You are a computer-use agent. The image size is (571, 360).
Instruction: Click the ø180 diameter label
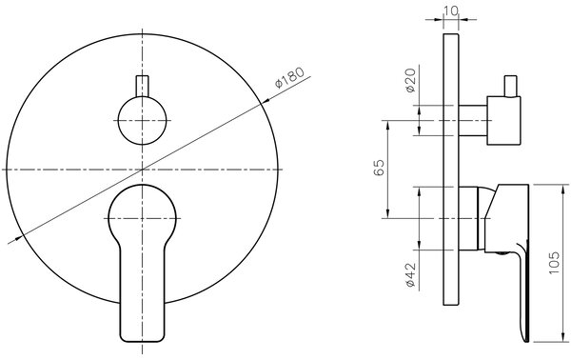pyautogui.click(x=289, y=77)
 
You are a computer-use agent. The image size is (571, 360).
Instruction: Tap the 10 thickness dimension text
pyautogui.click(x=451, y=10)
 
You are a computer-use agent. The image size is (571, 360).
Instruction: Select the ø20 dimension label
pyautogui.click(x=410, y=80)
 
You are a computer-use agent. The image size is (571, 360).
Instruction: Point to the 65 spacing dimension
pyautogui.click(x=379, y=168)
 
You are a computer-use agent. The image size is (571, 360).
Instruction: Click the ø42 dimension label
pyautogui.click(x=410, y=274)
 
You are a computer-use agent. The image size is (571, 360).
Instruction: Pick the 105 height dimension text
pyautogui.click(x=554, y=263)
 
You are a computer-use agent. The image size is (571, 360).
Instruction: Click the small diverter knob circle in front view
pyautogui.click(x=142, y=120)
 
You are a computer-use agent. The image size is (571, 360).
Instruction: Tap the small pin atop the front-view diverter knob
pyautogui.click(x=142, y=86)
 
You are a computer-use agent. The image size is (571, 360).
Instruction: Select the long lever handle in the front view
pyautogui.click(x=142, y=264)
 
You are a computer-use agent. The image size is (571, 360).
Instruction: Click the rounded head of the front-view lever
pyautogui.click(x=142, y=211)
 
